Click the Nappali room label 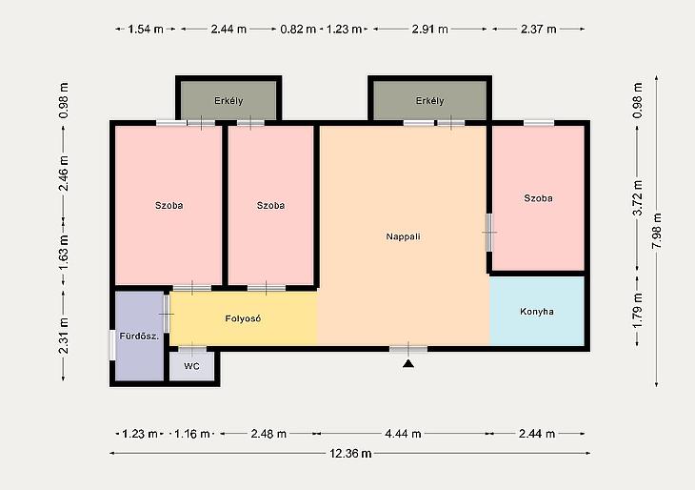pos(403,236)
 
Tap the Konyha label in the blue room pos(537,312)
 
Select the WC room pos(191,367)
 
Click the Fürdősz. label pos(139,337)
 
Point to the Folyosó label pos(243,318)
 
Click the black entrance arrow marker pos(408,364)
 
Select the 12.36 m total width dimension pos(350,454)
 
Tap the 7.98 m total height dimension pos(657,231)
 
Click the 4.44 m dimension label pos(403,434)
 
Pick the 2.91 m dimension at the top pos(430,30)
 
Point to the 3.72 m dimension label pos(638,197)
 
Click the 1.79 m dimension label pos(638,311)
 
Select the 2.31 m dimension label pos(64,336)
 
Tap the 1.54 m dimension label pos(146,30)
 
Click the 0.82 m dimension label pos(298,30)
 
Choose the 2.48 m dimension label pos(268,434)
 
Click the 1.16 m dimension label pos(191,434)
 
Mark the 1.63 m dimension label pos(64,252)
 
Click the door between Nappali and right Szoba pos(489,233)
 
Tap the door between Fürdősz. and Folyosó pos(167,314)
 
